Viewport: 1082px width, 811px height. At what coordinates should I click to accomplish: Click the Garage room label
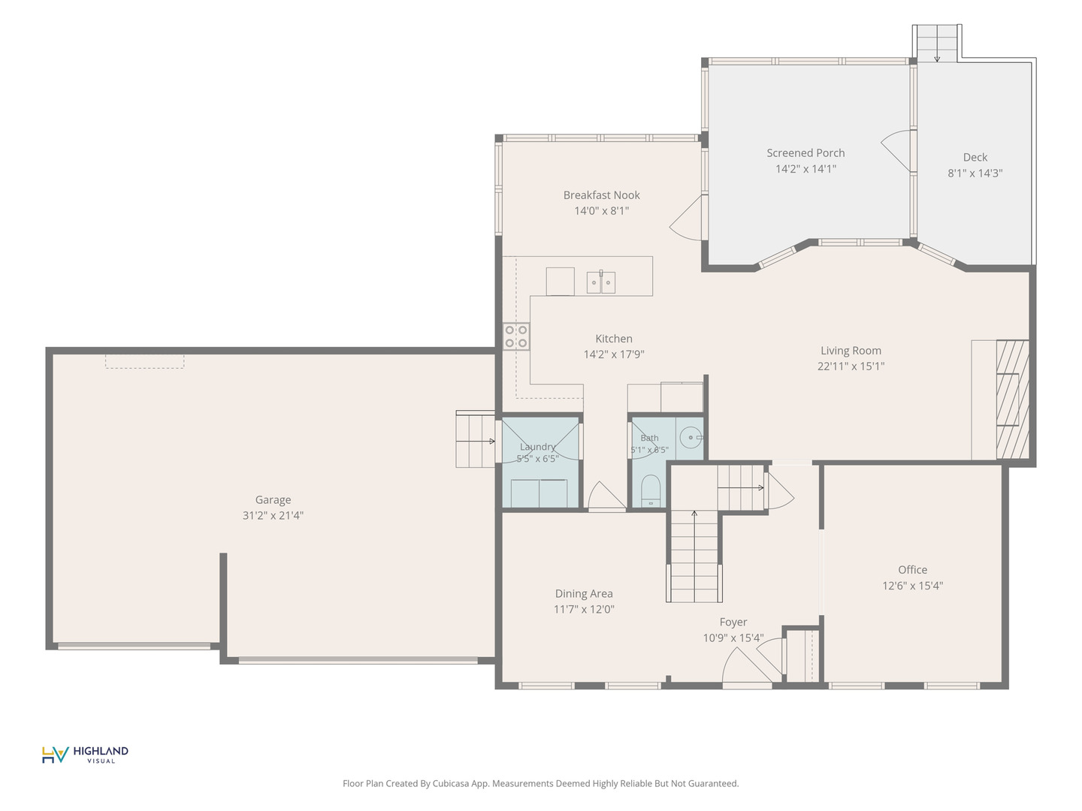click(x=273, y=500)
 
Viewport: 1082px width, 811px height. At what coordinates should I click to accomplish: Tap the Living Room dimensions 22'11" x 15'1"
click(x=851, y=366)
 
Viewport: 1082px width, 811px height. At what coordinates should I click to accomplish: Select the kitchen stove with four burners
click(x=516, y=336)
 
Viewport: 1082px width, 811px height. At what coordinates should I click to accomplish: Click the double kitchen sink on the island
click(x=601, y=282)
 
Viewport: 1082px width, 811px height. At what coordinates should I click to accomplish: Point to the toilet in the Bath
click(x=651, y=490)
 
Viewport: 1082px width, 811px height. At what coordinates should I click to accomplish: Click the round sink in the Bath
click(x=691, y=437)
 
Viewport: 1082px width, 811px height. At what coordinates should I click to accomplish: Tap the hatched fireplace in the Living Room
click(x=1012, y=399)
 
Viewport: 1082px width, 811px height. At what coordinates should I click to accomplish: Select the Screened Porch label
click(x=805, y=153)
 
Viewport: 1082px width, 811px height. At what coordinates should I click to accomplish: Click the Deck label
click(x=975, y=157)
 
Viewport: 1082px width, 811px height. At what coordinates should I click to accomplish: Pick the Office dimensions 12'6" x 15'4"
click(x=912, y=586)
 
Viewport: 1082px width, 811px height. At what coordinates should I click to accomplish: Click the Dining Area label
click(x=584, y=594)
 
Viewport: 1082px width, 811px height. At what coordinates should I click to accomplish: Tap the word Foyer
click(x=733, y=623)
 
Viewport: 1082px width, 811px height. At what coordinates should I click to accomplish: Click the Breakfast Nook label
click(x=601, y=195)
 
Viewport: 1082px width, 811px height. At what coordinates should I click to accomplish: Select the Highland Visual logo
click(x=85, y=755)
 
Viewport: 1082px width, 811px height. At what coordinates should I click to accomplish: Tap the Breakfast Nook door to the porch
click(x=686, y=218)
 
